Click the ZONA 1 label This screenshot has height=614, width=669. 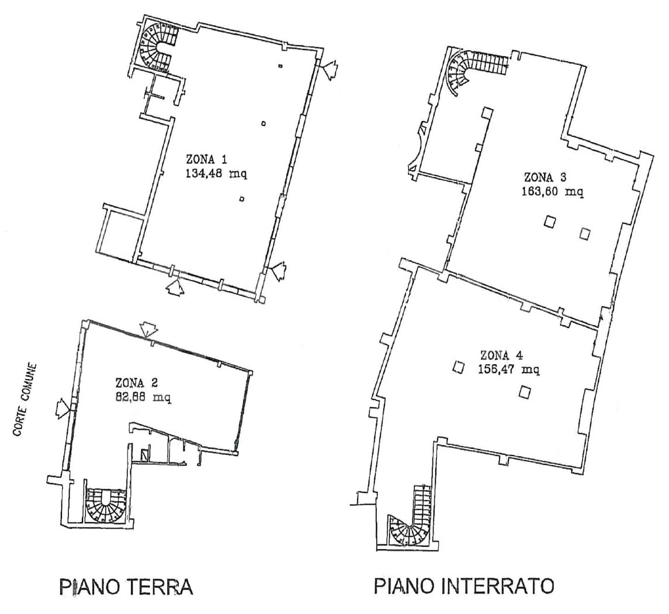point(206,159)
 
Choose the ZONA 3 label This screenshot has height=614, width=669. point(545,177)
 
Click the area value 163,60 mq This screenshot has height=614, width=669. point(553,192)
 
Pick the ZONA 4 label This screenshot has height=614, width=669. point(502,355)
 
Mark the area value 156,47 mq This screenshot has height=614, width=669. point(509,369)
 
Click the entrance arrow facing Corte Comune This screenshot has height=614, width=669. point(62,408)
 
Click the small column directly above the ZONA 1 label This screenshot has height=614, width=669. point(264,124)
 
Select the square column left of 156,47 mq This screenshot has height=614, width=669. point(459,367)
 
